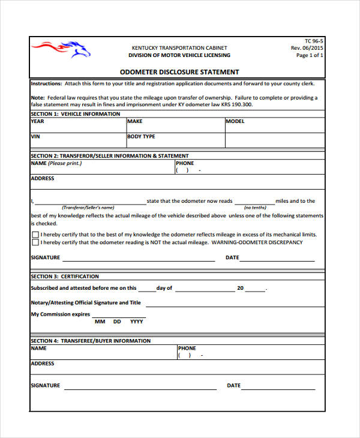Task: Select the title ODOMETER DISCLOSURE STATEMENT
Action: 179,72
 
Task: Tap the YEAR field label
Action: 37,121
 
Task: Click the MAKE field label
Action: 134,121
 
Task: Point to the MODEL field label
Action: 235,121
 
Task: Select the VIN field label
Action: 35,137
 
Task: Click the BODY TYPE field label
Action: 141,137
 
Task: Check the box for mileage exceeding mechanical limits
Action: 35,235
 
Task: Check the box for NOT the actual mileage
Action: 35,243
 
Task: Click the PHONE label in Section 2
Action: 185,163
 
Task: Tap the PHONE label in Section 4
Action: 187,348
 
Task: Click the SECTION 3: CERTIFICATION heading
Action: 65,277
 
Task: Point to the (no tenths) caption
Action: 254,208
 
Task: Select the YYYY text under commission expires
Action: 137,322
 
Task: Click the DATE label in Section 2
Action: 232,258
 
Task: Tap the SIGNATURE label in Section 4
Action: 46,386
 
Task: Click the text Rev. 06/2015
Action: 307,48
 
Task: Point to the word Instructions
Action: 46,83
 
